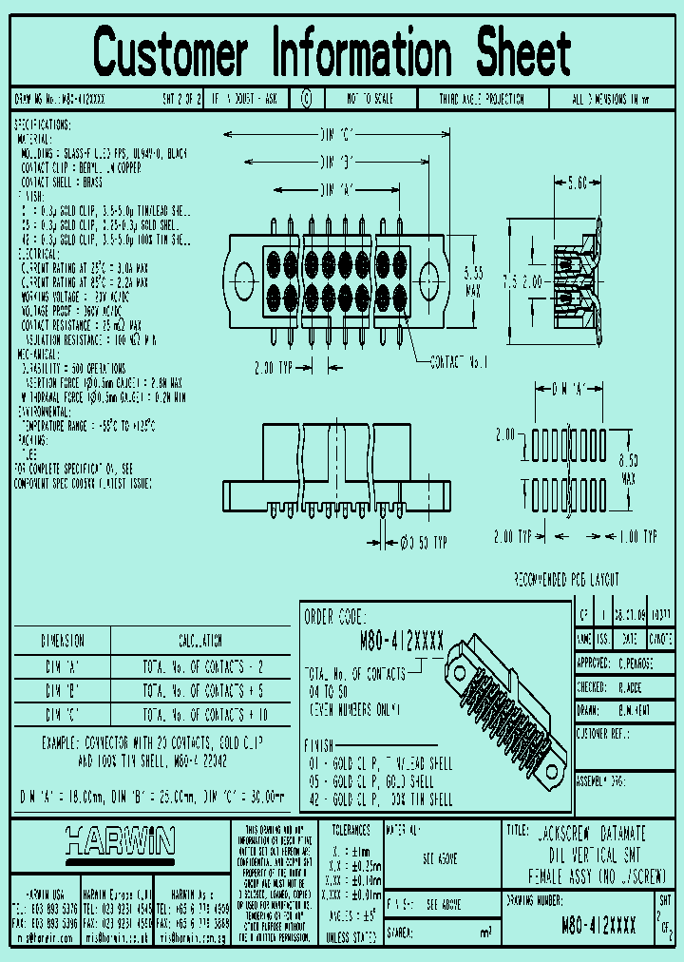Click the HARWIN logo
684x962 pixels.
(120, 840)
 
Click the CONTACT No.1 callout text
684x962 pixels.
(461, 362)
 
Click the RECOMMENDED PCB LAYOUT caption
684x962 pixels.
(566, 579)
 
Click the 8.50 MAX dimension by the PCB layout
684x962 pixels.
(628, 469)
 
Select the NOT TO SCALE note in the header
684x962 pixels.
(369, 98)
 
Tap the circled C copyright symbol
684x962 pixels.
(306, 98)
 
